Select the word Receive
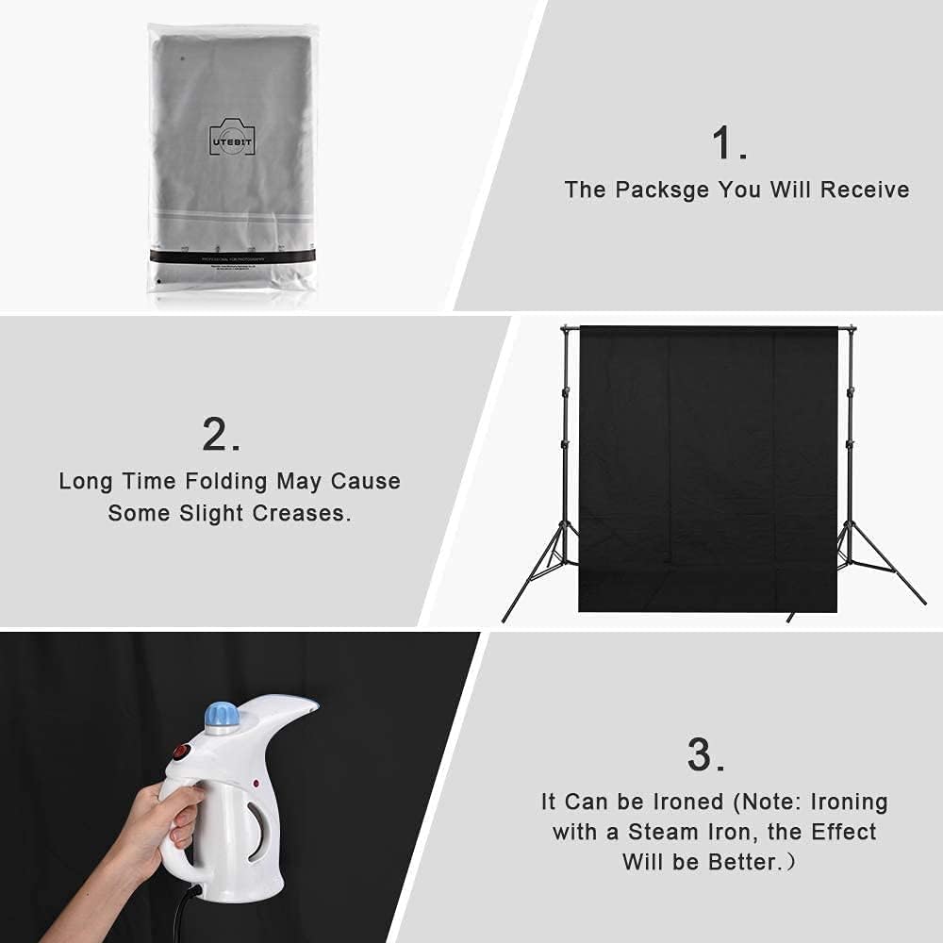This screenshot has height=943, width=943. [865, 190]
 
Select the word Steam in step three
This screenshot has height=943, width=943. [672, 833]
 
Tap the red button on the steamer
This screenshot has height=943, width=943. [181, 753]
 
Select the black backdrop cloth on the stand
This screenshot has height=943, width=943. [707, 467]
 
